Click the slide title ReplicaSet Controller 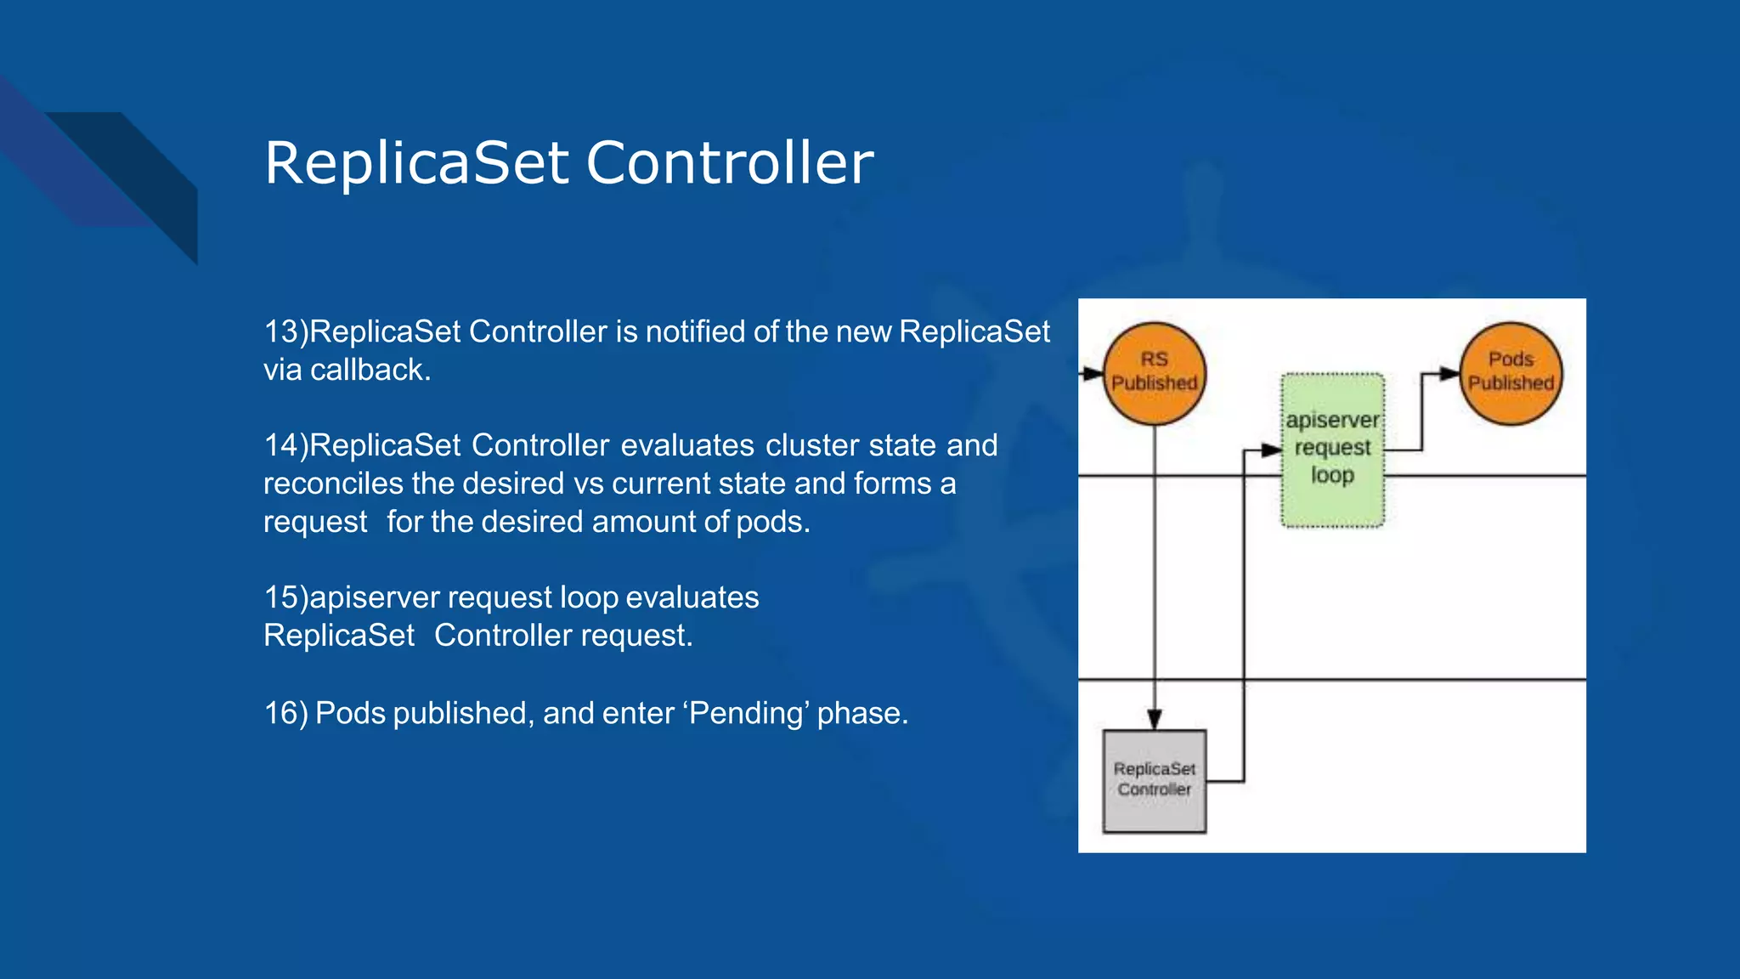tap(568, 162)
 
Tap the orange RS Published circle tap(1154, 373)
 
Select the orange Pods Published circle tap(1510, 373)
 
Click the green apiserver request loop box tap(1332, 450)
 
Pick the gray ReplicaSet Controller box tap(1154, 780)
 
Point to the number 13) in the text tap(285, 331)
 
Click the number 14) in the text tap(285, 445)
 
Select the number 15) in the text tap(285, 597)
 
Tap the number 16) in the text tap(285, 713)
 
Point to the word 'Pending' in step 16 tap(745, 713)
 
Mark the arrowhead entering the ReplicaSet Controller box tap(1154, 720)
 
